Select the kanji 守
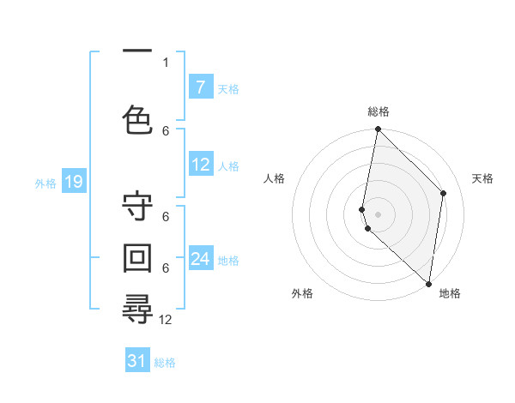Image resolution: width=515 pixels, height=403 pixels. pyautogui.click(x=137, y=208)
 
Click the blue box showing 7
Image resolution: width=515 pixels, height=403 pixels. pyautogui.click(x=201, y=87)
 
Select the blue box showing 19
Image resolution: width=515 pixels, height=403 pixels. pyautogui.click(x=73, y=182)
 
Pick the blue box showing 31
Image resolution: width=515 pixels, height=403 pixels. pyautogui.click(x=137, y=362)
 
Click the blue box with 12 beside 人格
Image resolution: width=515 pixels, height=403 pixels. pyautogui.click(x=201, y=165)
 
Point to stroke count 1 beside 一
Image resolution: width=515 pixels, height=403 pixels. pyautogui.click(x=166, y=62)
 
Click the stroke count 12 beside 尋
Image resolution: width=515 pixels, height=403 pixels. pyautogui.click(x=166, y=320)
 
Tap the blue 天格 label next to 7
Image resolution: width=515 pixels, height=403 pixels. pyautogui.click(x=228, y=88)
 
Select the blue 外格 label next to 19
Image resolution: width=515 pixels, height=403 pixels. pyautogui.click(x=45, y=183)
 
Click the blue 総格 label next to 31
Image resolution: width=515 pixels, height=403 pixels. pyautogui.click(x=165, y=363)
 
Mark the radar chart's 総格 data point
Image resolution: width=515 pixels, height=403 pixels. pyautogui.click(x=378, y=129)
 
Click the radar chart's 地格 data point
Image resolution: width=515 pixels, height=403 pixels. pyautogui.click(x=429, y=284)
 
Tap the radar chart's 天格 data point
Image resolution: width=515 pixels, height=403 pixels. pyautogui.click(x=444, y=193)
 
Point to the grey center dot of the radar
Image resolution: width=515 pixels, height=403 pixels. pyautogui.click(x=378, y=214)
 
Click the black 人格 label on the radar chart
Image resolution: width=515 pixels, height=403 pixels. pyautogui.click(x=275, y=178)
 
